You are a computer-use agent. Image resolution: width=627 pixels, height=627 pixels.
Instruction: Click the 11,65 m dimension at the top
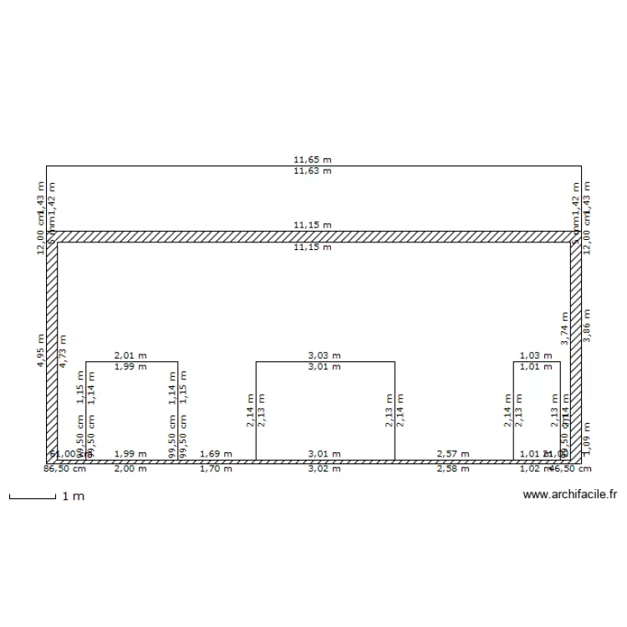point(312,159)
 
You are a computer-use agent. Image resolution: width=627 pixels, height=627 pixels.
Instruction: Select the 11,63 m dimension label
point(312,171)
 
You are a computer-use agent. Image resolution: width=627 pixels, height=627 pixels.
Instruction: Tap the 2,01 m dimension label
point(130,355)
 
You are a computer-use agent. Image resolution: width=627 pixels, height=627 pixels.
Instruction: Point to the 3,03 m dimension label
point(324,355)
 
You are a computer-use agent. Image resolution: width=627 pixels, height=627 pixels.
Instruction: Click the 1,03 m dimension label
point(536,355)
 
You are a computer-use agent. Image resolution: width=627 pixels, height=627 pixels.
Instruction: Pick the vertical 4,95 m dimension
point(41,350)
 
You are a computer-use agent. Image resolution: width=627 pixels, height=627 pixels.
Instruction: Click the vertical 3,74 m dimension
point(565,329)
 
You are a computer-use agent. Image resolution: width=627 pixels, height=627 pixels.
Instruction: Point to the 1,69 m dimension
point(216,454)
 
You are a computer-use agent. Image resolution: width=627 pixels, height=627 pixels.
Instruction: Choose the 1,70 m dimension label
point(216,469)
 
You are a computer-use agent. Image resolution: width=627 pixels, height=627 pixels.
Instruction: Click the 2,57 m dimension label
point(453,454)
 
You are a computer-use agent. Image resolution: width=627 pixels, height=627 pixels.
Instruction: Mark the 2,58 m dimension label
point(453,469)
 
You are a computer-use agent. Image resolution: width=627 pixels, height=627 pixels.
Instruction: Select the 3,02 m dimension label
point(324,469)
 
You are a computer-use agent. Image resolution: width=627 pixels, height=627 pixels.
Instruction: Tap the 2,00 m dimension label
point(130,469)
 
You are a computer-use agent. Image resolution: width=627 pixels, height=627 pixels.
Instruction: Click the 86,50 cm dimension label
point(64,469)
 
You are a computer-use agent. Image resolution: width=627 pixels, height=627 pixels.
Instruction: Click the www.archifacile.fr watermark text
point(570,495)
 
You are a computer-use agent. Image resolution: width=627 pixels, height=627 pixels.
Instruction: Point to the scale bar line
point(32,499)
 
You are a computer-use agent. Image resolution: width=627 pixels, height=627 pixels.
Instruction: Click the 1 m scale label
point(74,497)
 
